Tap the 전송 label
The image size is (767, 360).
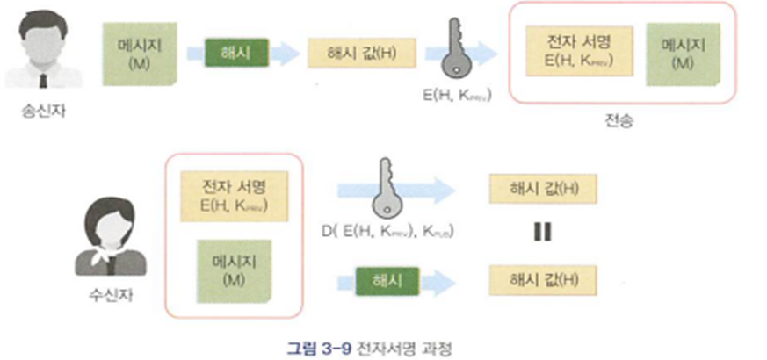pos(619,120)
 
